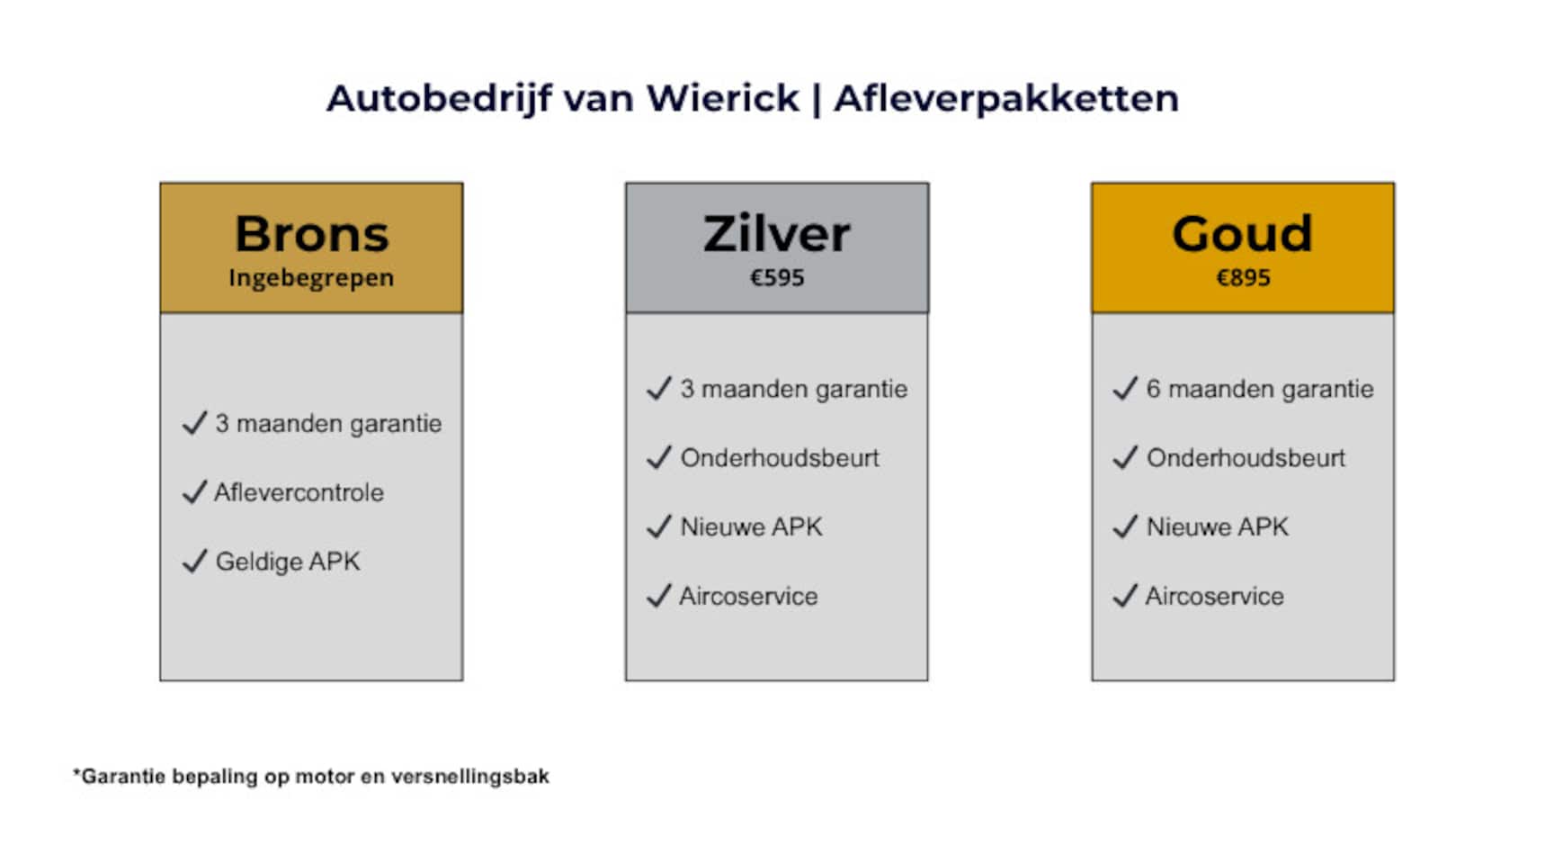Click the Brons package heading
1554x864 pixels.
[311, 234]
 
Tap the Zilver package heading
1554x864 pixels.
[777, 234]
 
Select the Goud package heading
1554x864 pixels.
[1243, 234]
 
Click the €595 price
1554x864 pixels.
[777, 277]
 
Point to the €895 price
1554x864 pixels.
[1243, 277]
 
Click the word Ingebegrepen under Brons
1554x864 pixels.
[311, 278]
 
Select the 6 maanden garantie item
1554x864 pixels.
[1260, 389]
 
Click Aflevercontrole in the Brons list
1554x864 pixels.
[299, 492]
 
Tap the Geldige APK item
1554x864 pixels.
[288, 562]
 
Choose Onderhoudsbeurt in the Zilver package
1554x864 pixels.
[780, 458]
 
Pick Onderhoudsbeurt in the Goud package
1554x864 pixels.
[1246, 458]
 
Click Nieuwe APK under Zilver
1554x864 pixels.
[751, 526]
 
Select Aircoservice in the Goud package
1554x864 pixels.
[1214, 596]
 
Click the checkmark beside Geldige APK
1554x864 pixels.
[194, 562]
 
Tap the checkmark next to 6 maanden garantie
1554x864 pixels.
[1125, 389]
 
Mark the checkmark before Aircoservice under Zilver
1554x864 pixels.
[659, 596]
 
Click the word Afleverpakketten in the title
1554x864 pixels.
[1006, 98]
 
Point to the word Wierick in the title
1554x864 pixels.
[722, 98]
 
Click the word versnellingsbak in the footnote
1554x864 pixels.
[469, 777]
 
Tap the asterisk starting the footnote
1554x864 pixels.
[76, 772]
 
